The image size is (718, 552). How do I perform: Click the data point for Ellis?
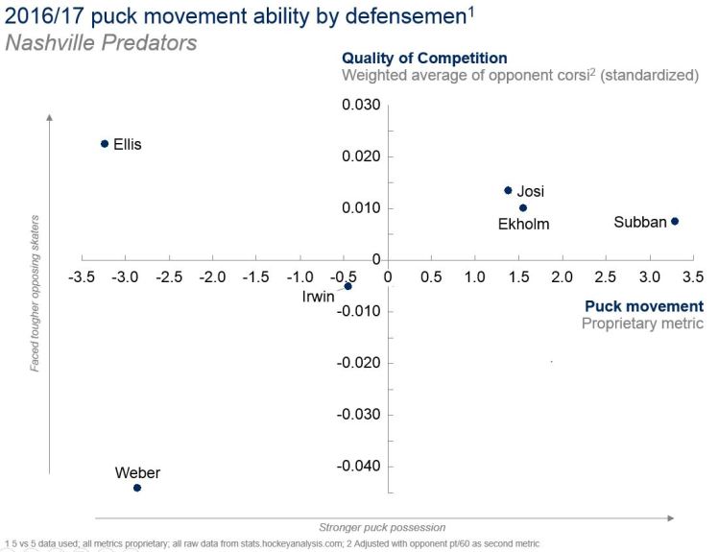point(105,144)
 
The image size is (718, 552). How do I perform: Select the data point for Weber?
point(137,488)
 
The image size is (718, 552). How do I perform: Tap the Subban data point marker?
point(675,222)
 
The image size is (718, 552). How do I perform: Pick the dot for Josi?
point(508,190)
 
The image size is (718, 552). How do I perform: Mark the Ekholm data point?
point(523,207)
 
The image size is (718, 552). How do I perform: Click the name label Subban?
point(639,223)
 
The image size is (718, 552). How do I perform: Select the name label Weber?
point(137,472)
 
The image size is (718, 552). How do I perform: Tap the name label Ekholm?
point(523,225)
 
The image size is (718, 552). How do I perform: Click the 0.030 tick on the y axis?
point(362,105)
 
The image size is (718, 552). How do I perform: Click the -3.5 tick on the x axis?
point(82,276)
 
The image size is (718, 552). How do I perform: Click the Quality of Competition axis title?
point(424,59)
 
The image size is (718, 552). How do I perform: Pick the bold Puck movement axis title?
point(644,307)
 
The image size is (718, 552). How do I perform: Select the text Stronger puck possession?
point(382,527)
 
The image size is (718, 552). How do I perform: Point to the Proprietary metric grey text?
point(642,324)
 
